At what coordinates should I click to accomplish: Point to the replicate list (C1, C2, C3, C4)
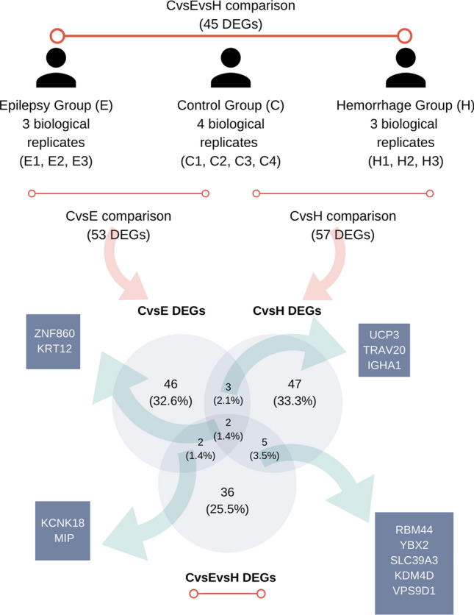[x=231, y=159]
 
